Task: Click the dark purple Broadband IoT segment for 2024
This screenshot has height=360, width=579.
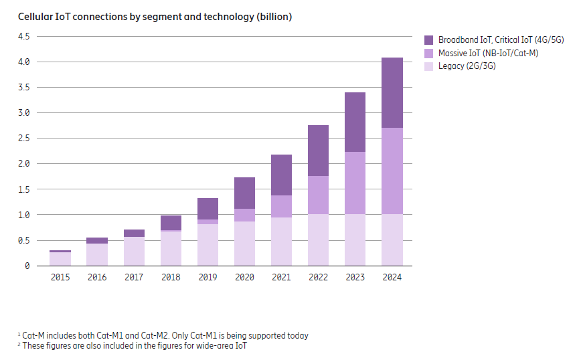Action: coord(392,92)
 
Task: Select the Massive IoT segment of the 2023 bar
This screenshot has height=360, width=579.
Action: coord(355,183)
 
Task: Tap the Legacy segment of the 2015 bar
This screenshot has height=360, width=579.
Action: coord(60,259)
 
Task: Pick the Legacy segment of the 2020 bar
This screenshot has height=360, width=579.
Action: coord(244,244)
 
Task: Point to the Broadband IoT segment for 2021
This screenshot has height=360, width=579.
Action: coord(281,175)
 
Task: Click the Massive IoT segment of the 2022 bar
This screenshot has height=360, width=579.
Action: coord(318,195)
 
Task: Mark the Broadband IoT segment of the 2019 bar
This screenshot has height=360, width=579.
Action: coord(208,209)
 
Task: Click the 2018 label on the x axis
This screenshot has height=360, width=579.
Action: coord(171,277)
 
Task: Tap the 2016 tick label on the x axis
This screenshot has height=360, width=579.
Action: coord(97,277)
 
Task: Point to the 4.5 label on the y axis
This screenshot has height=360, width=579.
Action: coord(24,36)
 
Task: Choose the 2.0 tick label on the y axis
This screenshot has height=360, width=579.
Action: coord(24,164)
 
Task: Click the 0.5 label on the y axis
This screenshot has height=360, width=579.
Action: coord(24,240)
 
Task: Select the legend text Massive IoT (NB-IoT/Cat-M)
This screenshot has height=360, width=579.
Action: coord(488,53)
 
